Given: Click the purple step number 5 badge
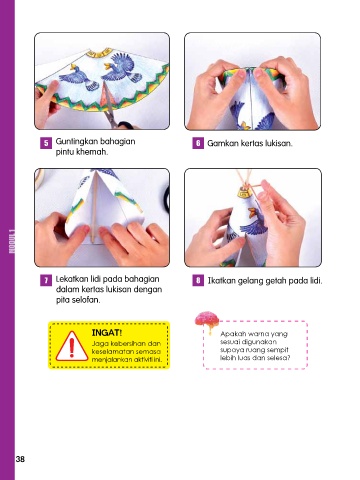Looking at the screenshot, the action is pyautogui.click(x=46, y=143).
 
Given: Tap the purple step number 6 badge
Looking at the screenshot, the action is pyautogui.click(x=198, y=143).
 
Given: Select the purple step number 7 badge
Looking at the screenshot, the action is pyautogui.click(x=46, y=280).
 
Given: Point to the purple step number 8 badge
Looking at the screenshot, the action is pyautogui.click(x=198, y=280).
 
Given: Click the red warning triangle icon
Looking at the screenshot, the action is pyautogui.click(x=71, y=347).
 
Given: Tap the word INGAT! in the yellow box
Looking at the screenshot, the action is pyautogui.click(x=107, y=333).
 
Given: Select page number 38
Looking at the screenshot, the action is pyautogui.click(x=20, y=459).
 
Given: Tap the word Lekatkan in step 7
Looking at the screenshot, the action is pyautogui.click(x=72, y=279).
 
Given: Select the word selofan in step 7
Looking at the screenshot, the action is pyautogui.click(x=88, y=300).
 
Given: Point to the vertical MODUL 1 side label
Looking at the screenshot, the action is pyautogui.click(x=12, y=241).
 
